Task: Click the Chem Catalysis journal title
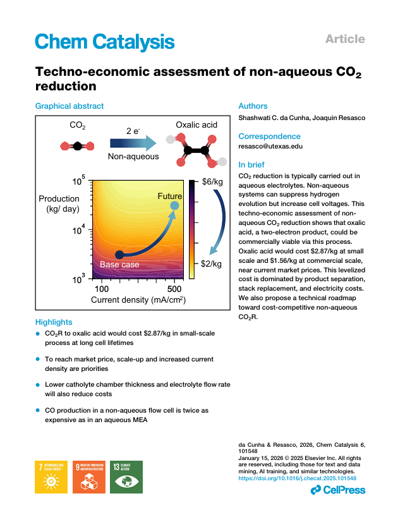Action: coord(104,42)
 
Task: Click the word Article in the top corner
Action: coord(345,39)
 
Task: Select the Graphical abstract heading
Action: coord(70,106)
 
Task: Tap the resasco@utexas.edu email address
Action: coord(270,146)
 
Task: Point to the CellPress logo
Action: coord(338,490)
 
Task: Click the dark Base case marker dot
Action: coord(119,254)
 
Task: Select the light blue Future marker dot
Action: coord(174,205)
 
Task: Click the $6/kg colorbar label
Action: coord(212,182)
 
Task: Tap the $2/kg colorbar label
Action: coord(212,264)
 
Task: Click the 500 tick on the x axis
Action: coord(176,289)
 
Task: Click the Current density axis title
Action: coord(138,300)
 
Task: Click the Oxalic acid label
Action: coord(196,124)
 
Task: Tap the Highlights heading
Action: coord(54,322)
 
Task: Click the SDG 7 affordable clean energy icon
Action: coord(52,476)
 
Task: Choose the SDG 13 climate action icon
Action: coord(126,476)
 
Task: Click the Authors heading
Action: coord(253,106)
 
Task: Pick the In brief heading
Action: coord(253,164)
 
